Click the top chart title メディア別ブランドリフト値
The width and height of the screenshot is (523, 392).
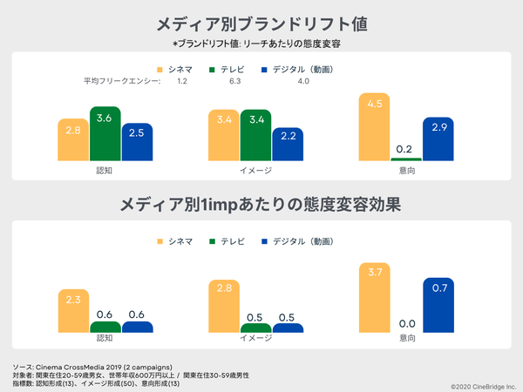coord(261,24)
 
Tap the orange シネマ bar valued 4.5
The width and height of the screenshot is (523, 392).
coord(375,127)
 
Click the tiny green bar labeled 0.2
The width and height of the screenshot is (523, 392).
coord(406,159)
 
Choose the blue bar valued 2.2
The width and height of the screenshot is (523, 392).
coord(288,145)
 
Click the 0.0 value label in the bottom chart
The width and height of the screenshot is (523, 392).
coord(406,323)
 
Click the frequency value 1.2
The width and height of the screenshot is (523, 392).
coord(182,81)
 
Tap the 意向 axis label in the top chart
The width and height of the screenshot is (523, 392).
coord(406,170)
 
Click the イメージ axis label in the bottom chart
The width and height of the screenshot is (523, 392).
coord(256,338)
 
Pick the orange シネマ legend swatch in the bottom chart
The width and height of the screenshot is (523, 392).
coord(160,240)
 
